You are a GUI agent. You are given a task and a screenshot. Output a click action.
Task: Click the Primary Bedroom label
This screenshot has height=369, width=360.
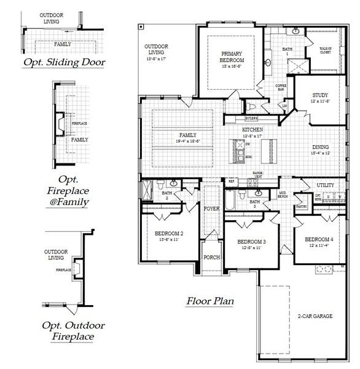tap(233, 58)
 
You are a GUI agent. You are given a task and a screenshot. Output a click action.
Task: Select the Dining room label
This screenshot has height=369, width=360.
tap(320, 148)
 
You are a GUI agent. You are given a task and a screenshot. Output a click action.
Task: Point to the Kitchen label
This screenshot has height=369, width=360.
tap(252, 130)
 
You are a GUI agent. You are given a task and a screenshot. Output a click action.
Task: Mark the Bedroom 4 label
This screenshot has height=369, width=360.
tap(319, 239)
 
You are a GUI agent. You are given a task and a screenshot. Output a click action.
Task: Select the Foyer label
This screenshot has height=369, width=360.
tap(211, 209)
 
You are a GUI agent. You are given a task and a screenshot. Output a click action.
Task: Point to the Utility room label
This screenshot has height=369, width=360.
tap(326, 184)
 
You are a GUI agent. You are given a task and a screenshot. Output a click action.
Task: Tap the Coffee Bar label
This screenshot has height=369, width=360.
tap(281, 87)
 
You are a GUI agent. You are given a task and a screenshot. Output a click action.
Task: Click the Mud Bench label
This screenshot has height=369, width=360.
tap(283, 195)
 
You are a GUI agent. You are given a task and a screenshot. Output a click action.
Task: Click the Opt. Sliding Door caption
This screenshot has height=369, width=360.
tap(65, 62)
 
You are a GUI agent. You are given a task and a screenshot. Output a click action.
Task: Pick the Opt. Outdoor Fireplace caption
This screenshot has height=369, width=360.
tap(73, 331)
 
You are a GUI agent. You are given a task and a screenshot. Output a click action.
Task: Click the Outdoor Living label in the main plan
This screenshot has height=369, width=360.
tap(156, 50)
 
